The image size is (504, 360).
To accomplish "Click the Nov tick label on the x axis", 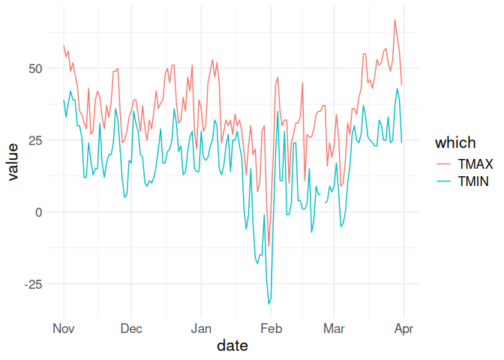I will pos(63,328).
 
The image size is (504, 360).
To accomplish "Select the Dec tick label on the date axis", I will pos(131,328).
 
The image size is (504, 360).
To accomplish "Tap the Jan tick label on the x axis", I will pos(201,328).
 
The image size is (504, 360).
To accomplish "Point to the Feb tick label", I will pos(271,328).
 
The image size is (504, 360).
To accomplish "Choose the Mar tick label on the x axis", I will pos(334,328).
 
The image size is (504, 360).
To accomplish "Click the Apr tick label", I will pos(403,328).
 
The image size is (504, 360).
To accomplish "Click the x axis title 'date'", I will pos(232,346).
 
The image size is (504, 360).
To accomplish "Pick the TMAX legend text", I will pos(475,163).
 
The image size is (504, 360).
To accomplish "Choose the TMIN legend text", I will pos(475,182).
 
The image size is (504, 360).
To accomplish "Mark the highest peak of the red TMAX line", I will pos(394,19).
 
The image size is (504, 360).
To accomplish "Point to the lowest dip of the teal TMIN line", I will pos(268,304).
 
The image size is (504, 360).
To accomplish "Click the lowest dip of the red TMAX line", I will pos(268,246).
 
